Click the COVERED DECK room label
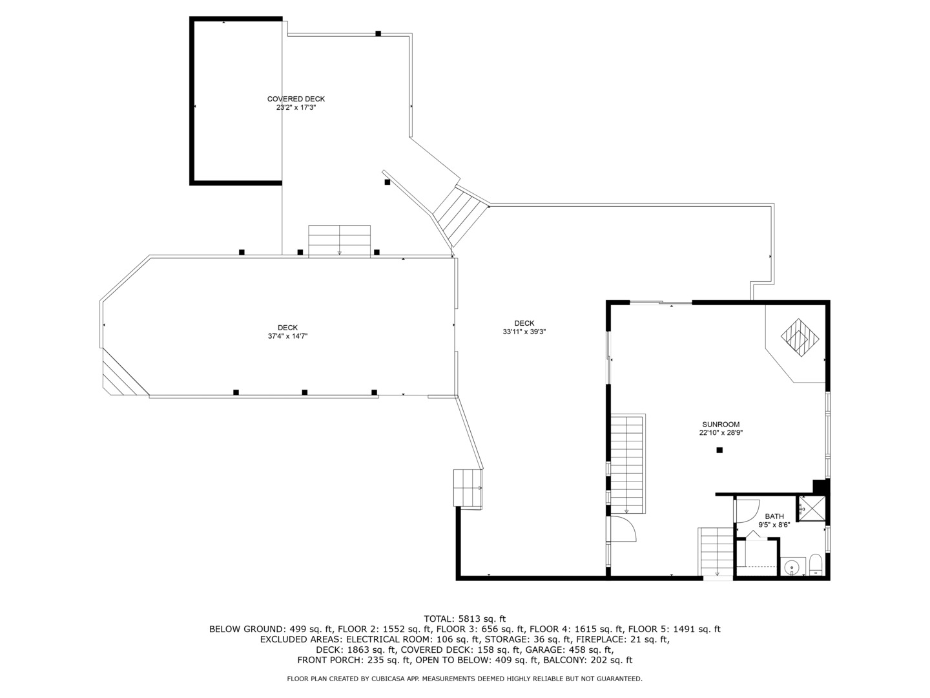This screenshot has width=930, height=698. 296,99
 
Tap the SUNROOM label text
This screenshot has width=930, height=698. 721,424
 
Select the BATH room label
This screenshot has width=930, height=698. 774,516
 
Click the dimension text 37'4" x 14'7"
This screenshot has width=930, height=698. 287,336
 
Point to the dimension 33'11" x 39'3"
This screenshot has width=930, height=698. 524,332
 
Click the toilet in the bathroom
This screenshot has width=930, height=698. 816,565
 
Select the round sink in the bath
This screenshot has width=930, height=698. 791,566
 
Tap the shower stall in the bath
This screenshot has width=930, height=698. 812,508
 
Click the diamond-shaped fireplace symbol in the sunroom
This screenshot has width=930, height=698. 800,338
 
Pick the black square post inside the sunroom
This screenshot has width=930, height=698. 719,450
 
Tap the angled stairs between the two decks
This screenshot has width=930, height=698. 461,217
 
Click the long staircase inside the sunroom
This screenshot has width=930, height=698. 628,463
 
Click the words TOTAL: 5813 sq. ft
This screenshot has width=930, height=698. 465,619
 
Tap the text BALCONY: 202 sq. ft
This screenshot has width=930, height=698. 588,660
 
